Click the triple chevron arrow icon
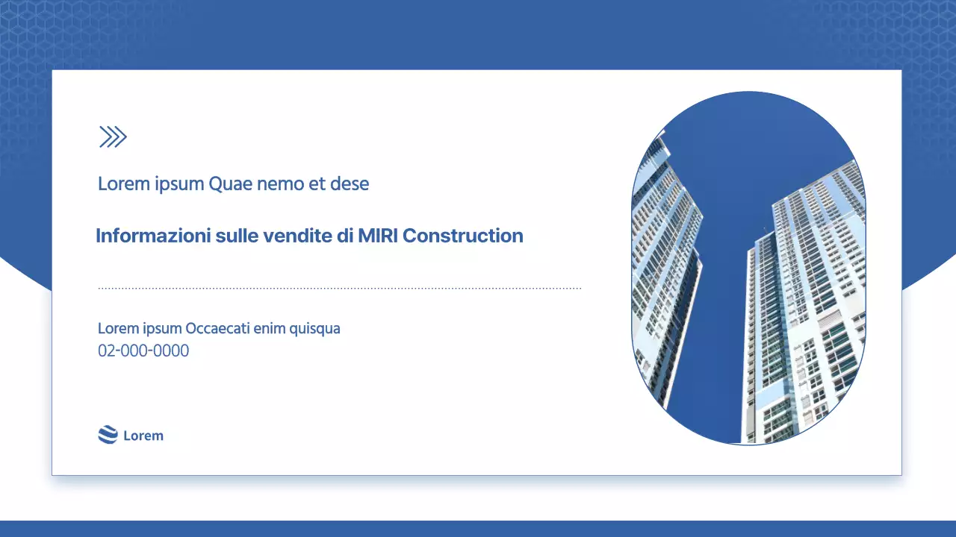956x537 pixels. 113,136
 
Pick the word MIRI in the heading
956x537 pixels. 378,236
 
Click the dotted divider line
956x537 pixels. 340,288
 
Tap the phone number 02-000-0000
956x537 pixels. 143,351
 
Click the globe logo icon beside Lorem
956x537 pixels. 108,435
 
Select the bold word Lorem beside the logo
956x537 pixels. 143,436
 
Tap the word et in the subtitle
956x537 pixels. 317,183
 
